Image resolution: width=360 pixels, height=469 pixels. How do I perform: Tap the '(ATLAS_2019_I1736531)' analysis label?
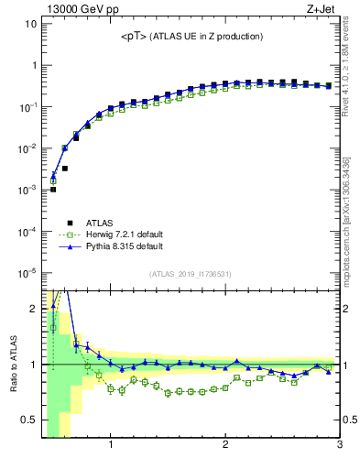point(191,274)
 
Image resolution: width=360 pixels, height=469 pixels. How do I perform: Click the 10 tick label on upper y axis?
point(29,23)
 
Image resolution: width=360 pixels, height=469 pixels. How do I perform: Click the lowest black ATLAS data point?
point(53,190)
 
